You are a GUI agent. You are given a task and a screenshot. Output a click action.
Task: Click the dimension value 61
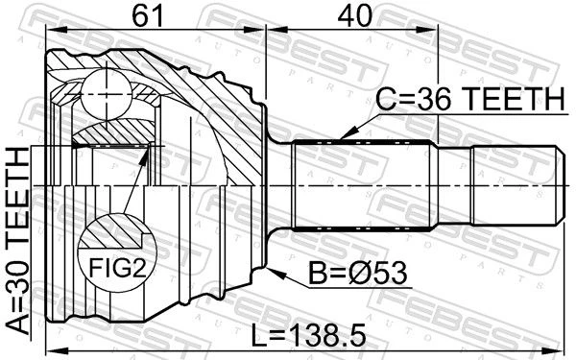click(x=148, y=16)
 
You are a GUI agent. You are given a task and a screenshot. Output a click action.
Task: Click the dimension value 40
click(x=354, y=16)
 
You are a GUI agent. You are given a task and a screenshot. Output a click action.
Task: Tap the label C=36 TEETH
click(x=469, y=99)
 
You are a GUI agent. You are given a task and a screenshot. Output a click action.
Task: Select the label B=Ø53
click(x=357, y=274)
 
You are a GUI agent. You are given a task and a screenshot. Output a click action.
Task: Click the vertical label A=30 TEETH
click(x=18, y=241)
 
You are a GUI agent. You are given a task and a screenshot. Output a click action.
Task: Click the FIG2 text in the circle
click(x=117, y=268)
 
